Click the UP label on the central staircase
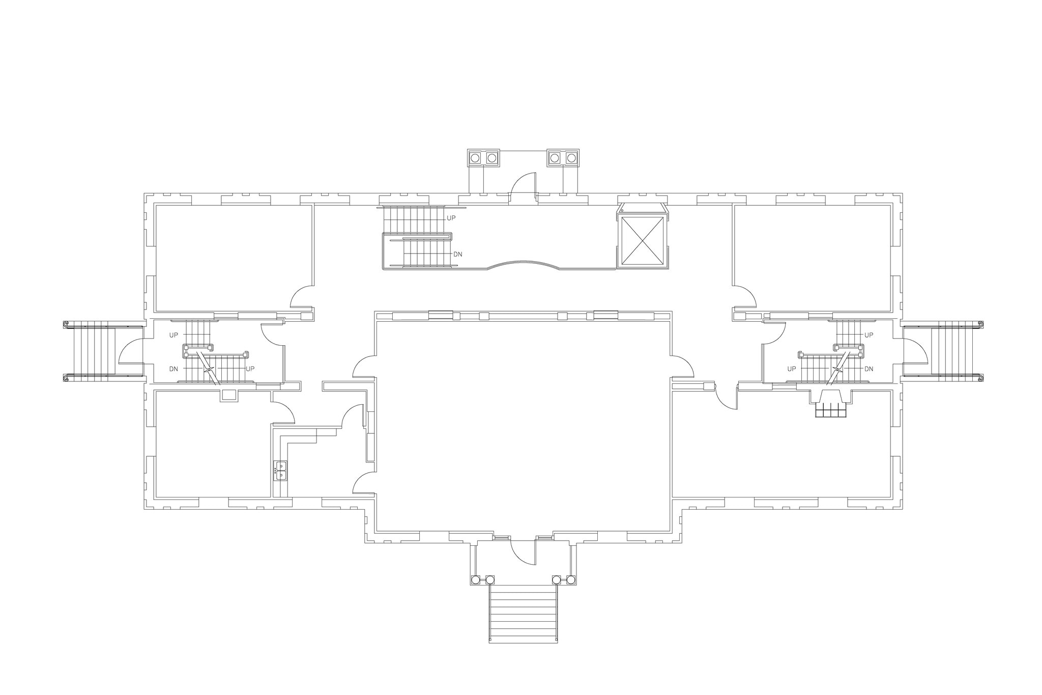pos(451,218)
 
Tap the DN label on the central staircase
pos(457,254)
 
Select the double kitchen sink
pos(280,470)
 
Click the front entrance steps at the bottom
pos(523,614)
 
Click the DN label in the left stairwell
pos(173,369)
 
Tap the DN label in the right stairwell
pos(869,369)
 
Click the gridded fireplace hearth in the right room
pos(830,410)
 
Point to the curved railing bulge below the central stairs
pos(523,264)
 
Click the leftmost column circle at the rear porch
pos(475,158)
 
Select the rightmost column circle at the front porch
pos(571,579)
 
